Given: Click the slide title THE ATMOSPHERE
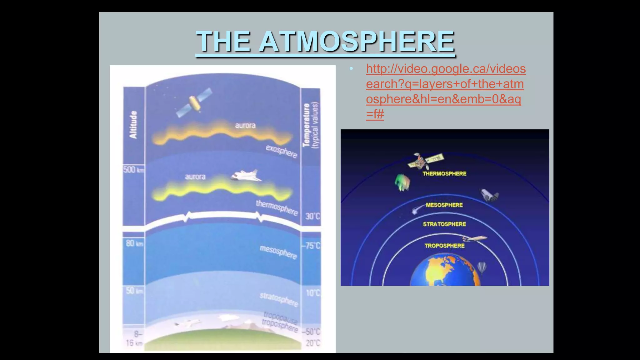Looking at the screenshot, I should (325, 42).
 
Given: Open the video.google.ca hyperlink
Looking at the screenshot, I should (445, 91).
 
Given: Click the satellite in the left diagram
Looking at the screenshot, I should (194, 102).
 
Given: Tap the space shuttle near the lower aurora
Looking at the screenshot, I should (247, 176).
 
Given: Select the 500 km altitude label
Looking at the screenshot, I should (133, 170).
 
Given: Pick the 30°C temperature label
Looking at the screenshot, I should (312, 216).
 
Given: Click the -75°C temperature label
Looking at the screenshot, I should (311, 246).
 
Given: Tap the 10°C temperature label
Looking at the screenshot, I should (313, 293).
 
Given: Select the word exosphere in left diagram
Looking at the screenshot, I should (281, 151).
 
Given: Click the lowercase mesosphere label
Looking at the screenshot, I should (278, 252).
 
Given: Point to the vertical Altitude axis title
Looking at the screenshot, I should (133, 124).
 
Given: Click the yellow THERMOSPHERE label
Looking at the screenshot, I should (444, 174).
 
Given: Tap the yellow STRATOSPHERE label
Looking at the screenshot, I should (444, 224).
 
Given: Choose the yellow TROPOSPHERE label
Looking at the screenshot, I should (444, 246).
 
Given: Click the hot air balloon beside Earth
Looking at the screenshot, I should (482, 268).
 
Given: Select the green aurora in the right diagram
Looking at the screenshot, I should (402, 183).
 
